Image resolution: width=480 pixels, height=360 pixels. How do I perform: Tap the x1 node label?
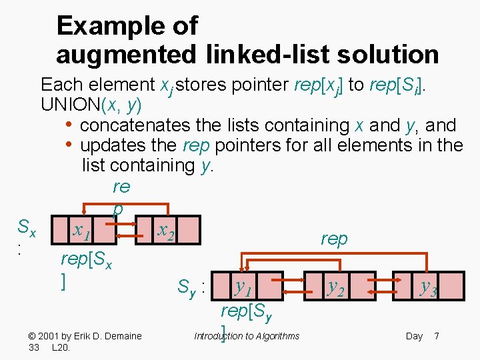(83, 231)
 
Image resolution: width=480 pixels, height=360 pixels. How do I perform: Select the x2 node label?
(165, 231)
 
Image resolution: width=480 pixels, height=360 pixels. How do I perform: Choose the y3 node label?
(427, 287)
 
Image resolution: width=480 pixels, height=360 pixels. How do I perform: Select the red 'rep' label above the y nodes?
(334, 239)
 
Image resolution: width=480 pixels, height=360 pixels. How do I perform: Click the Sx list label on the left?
(26, 230)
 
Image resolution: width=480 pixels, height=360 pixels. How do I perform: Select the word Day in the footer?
(414, 336)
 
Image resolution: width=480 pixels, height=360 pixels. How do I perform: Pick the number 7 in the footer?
(436, 336)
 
